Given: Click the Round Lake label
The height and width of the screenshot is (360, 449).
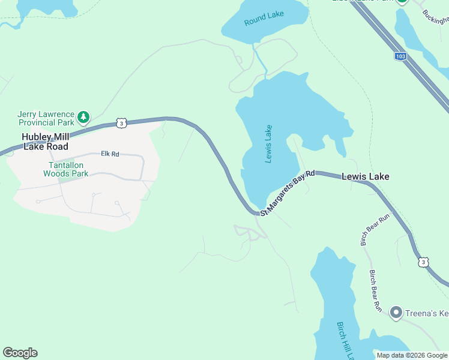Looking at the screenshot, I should pos(264,19).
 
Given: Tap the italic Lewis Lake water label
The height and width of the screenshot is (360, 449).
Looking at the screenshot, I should pos(268,144).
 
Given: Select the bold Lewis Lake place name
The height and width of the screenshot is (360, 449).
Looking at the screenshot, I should pos(365,177).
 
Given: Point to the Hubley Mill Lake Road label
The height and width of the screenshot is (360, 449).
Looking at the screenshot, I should pos(45,142).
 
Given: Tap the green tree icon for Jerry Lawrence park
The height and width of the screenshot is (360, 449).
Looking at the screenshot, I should pos(85,116).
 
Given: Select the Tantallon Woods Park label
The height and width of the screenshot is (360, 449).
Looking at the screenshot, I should pos(65,169).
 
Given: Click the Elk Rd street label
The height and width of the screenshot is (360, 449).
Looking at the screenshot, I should pos(110,154).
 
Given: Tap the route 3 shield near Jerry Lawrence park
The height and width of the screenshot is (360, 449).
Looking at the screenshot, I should pos(122,122).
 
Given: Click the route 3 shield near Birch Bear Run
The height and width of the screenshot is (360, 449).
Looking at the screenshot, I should pos(424,262).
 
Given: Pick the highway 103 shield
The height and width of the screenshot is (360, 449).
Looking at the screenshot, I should pos(400,56).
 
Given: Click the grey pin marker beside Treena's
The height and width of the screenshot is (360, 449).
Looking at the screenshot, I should pos(396,312).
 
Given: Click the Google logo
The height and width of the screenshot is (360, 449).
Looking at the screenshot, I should pos(20,353).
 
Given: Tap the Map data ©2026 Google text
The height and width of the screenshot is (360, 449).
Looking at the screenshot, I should pos(412,355).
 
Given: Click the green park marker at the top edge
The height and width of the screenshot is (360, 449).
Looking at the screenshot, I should pos(402,2).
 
